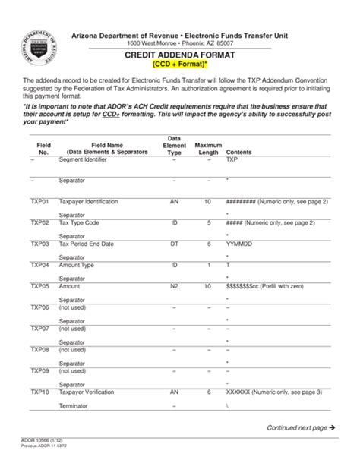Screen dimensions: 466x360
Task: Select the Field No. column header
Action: click(x=43, y=148)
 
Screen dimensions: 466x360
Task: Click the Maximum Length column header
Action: click(x=208, y=148)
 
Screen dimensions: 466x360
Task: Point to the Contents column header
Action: click(x=239, y=152)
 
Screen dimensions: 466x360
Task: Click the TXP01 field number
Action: click(x=39, y=202)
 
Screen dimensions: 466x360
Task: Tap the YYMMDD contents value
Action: click(x=239, y=244)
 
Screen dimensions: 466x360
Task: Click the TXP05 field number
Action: click(x=39, y=287)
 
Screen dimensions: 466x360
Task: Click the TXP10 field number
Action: click(x=39, y=392)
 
